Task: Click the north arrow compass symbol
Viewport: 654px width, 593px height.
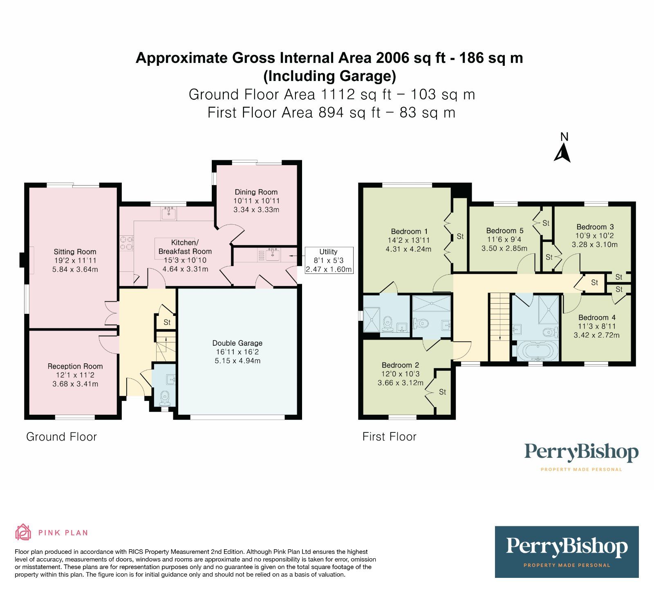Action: click(x=562, y=153)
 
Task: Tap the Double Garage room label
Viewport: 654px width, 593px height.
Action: click(x=237, y=343)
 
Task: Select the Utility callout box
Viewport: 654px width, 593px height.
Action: click(x=329, y=260)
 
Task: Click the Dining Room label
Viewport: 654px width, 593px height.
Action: click(x=256, y=192)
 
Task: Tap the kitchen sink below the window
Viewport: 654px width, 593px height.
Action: click(x=168, y=213)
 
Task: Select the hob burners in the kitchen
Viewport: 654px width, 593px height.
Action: click(x=127, y=243)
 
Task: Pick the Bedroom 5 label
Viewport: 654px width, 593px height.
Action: click(x=504, y=230)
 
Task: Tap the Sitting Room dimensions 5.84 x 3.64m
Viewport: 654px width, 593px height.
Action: click(x=75, y=269)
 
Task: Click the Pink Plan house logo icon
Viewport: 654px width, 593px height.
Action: click(x=23, y=532)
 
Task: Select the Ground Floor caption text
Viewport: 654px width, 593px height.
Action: click(x=61, y=436)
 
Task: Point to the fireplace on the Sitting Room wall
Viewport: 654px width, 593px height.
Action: click(x=23, y=260)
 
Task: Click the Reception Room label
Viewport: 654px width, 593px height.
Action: click(x=75, y=366)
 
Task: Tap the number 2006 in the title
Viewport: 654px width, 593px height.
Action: click(x=392, y=58)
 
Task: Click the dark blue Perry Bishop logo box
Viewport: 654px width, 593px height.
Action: click(x=567, y=551)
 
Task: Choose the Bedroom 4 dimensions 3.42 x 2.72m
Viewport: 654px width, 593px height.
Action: click(x=596, y=335)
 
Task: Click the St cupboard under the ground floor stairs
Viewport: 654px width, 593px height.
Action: click(x=167, y=322)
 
